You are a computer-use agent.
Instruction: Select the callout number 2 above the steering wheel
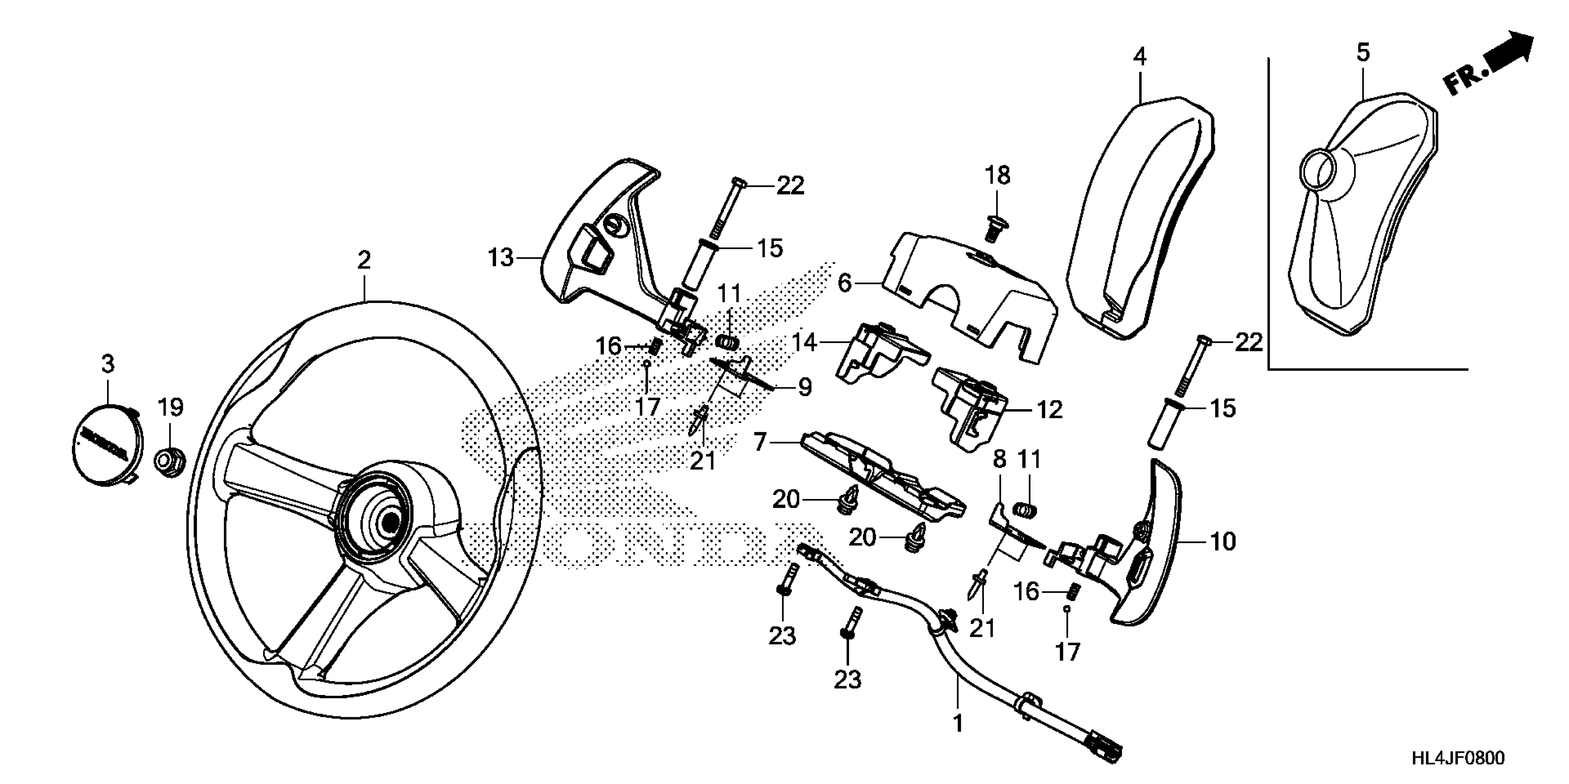point(364,261)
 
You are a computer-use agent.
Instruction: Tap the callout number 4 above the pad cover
point(1139,57)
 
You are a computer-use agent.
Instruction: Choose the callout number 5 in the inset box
point(1363,53)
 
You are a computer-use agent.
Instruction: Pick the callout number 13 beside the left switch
point(501,258)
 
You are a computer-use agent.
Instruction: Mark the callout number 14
point(804,343)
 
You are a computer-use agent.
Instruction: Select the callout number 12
point(1049,410)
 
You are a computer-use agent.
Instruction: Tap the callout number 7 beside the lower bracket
point(760,442)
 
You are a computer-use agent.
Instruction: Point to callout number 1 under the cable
point(958,723)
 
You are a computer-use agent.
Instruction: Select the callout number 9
point(805,387)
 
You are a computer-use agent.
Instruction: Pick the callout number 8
point(1000,460)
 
